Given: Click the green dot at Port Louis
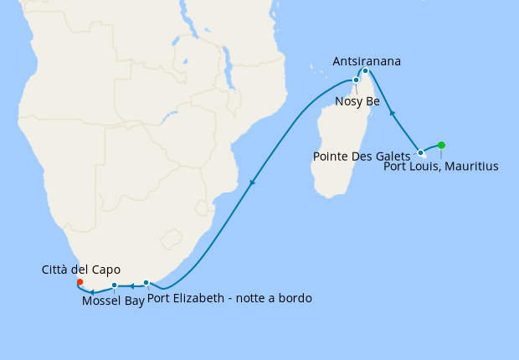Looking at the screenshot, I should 441,145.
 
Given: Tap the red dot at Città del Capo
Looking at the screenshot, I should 80,282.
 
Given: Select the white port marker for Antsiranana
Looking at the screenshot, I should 366,71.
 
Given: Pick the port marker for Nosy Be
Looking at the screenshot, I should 357,80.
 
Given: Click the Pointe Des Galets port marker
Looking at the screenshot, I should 420,153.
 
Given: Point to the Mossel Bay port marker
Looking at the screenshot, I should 114,285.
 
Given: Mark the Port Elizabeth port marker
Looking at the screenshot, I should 146,283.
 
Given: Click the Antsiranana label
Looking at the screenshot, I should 367,61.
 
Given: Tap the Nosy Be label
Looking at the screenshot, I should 357,101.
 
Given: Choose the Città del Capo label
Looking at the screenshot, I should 80,270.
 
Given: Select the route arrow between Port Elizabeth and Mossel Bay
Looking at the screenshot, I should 131,285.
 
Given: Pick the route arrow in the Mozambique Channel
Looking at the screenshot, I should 252,182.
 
